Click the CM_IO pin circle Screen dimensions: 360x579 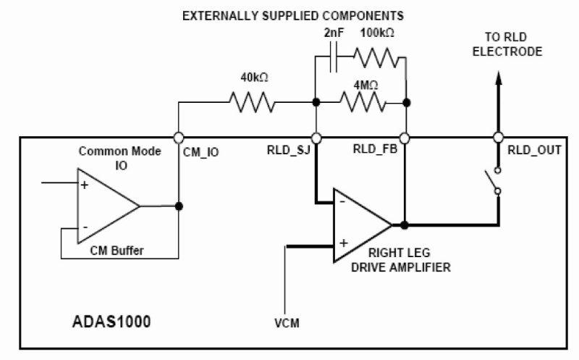(179, 137)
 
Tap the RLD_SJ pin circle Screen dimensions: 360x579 (316, 137)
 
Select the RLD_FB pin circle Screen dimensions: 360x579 (405, 137)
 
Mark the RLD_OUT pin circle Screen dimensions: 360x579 (498, 137)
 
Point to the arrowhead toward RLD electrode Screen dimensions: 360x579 (498, 79)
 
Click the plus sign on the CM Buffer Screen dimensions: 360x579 (84, 185)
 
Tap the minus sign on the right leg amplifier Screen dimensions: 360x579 (342, 203)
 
